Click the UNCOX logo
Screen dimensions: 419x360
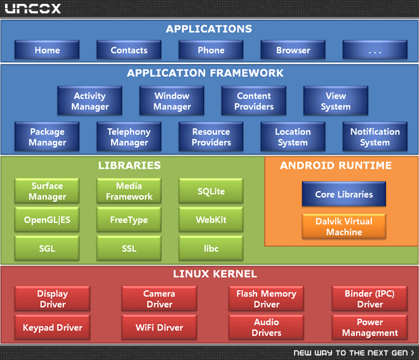tap(32, 8)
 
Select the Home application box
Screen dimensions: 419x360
tap(47, 50)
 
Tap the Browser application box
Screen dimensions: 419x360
tap(293, 50)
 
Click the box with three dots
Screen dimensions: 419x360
tap(375, 50)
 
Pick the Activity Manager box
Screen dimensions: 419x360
tap(90, 101)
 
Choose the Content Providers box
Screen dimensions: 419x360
tap(254, 101)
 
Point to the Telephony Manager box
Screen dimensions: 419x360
tap(129, 137)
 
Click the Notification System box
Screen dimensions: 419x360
tap(375, 137)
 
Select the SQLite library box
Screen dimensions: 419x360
tap(211, 191)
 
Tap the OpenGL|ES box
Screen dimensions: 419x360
tap(47, 220)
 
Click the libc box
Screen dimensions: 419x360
tap(211, 248)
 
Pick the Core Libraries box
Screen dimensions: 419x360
tap(344, 194)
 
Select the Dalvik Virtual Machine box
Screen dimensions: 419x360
tap(344, 226)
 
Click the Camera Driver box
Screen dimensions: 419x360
tap(159, 298)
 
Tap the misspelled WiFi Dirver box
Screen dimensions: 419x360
tap(159, 327)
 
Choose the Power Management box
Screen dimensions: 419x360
tap(370, 327)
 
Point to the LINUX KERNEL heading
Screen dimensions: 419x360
tap(215, 274)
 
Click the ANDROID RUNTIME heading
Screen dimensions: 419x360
tap(336, 165)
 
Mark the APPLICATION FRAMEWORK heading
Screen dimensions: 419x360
tap(205, 72)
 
